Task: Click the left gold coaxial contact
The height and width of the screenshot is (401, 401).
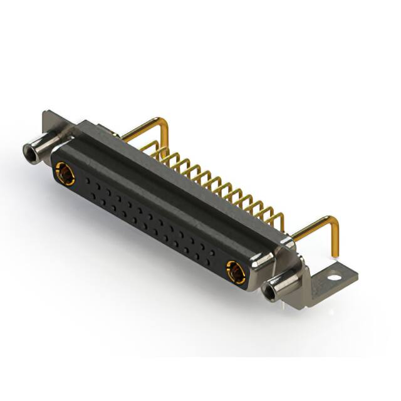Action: [65, 174]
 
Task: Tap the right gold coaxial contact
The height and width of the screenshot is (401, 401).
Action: [236, 272]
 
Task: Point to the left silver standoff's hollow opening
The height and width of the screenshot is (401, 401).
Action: [28, 151]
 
